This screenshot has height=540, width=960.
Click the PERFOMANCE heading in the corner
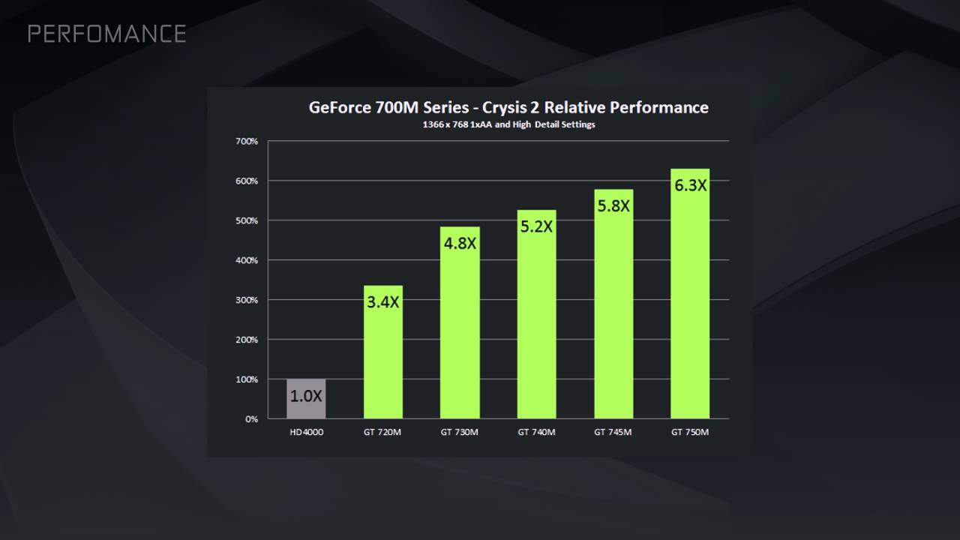click(x=106, y=34)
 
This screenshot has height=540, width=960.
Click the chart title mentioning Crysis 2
click(x=508, y=107)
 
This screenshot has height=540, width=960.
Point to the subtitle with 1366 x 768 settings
click(x=508, y=124)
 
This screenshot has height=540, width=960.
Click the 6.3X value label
click(x=690, y=184)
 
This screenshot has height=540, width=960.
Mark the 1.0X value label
click(x=306, y=396)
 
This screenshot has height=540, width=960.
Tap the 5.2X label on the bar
click(x=536, y=226)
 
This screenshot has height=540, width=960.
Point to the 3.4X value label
click(x=383, y=303)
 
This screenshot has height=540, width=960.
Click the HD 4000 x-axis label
click(x=306, y=432)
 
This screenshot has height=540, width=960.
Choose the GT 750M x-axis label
click(x=690, y=432)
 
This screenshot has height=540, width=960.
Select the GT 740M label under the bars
click(x=536, y=432)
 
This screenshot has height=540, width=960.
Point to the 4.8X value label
click(x=460, y=244)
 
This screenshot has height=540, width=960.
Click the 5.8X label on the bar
click(x=613, y=205)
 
